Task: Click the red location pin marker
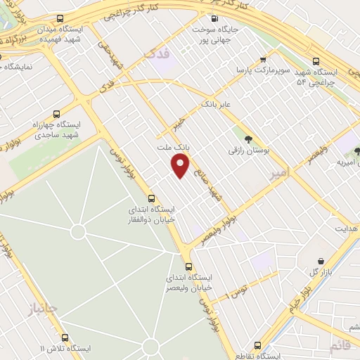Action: (181, 167)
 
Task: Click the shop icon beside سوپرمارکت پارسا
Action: (263, 60)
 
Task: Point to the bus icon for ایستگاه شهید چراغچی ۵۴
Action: (314, 61)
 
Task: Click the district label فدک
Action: (156, 53)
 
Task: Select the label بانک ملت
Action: (173, 148)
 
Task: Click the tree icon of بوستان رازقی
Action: (249, 138)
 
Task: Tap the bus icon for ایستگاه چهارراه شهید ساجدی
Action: (56, 113)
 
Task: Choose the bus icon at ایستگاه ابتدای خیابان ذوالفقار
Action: (151, 198)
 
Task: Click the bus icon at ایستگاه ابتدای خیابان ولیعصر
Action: (188, 266)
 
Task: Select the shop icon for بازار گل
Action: (320, 261)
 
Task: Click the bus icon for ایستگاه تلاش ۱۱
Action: (65, 337)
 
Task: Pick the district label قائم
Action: (339, 345)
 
